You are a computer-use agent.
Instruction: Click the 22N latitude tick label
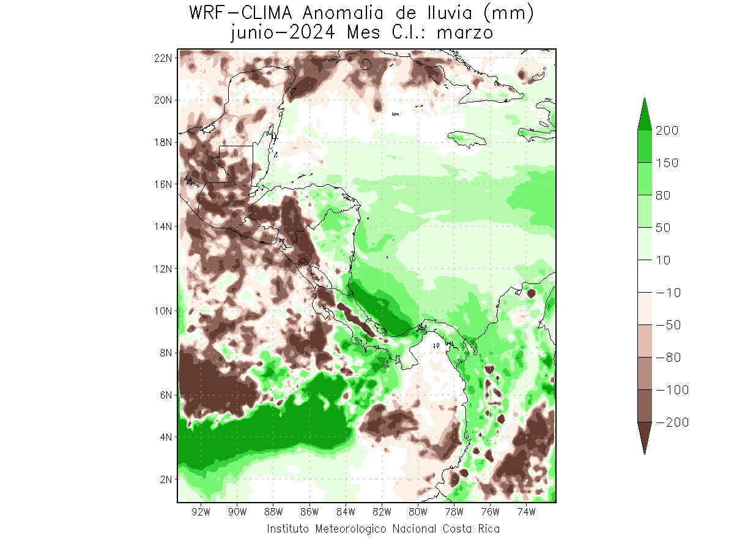(164, 58)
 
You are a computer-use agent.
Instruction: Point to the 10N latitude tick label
(164, 310)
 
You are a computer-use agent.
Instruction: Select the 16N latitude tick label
(164, 184)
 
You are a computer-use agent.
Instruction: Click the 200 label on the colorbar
(667, 130)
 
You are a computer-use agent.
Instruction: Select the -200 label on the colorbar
(672, 422)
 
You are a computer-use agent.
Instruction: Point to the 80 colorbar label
(663, 195)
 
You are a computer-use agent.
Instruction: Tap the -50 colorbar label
(668, 325)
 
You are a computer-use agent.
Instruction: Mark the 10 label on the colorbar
(663, 260)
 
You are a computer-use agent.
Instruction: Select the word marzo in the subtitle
(465, 32)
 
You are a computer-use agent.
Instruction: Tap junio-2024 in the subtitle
(283, 32)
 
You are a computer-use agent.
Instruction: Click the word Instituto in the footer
(289, 529)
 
